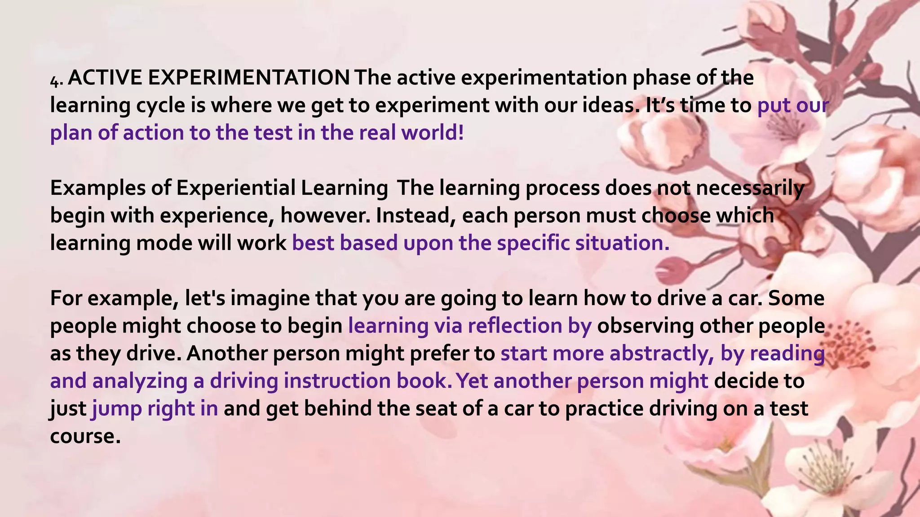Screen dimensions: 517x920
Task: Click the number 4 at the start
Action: click(x=55, y=81)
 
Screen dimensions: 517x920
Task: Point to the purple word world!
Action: click(x=433, y=133)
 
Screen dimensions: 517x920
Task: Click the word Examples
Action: click(x=97, y=188)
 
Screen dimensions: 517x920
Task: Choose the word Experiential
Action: click(x=236, y=188)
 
